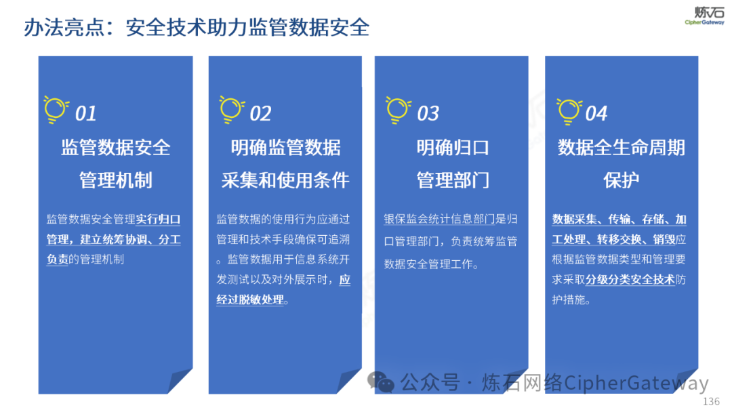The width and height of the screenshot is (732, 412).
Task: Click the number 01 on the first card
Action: click(x=86, y=113)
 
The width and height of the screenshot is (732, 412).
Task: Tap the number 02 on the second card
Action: click(x=260, y=113)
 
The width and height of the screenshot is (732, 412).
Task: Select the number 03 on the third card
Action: click(x=428, y=113)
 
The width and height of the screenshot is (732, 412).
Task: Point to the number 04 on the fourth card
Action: click(x=596, y=113)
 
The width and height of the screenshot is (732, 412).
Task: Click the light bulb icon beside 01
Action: click(x=56, y=110)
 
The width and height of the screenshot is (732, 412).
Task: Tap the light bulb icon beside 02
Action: click(x=232, y=110)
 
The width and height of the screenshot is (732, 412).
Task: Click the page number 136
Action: click(x=711, y=401)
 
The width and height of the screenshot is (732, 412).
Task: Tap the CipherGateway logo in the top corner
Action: click(x=704, y=16)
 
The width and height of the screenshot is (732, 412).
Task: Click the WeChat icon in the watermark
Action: click(x=380, y=382)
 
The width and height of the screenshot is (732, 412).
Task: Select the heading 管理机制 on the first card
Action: click(x=116, y=180)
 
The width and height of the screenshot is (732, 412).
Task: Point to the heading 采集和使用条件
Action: click(x=285, y=180)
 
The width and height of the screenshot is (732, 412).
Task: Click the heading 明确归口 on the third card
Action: click(x=453, y=148)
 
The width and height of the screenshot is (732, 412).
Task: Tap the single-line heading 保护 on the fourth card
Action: click(x=621, y=180)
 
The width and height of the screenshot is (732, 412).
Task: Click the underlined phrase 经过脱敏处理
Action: click(x=250, y=300)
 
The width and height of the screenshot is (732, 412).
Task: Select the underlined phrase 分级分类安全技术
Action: click(x=630, y=279)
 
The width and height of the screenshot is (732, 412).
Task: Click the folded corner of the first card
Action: click(x=180, y=381)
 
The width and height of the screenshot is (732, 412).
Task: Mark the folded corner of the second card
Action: click(x=349, y=381)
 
